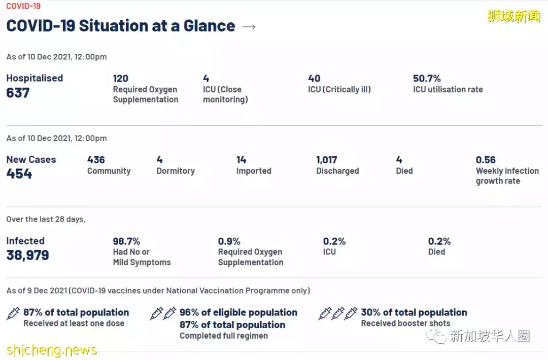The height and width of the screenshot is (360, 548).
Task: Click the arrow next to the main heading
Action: (x=249, y=26)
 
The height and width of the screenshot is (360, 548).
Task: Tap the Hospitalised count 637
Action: (x=18, y=93)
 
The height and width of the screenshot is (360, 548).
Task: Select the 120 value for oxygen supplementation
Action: (x=120, y=79)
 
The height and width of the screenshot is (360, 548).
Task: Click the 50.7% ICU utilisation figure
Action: (x=427, y=79)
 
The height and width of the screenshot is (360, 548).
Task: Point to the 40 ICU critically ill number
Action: (x=314, y=79)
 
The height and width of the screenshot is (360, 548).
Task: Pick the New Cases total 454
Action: (x=19, y=174)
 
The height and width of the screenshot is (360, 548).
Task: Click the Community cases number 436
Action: (x=96, y=160)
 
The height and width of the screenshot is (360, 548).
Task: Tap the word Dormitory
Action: (x=176, y=171)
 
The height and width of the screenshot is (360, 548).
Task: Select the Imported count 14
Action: (x=241, y=160)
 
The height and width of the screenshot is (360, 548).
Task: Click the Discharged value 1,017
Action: (x=327, y=160)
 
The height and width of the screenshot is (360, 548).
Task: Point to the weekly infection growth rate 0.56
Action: (x=486, y=160)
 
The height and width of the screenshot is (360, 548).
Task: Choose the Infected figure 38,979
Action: (x=27, y=255)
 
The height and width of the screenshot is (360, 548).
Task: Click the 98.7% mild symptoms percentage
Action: (x=126, y=241)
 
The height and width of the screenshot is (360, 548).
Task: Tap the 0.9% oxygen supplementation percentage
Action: (x=229, y=241)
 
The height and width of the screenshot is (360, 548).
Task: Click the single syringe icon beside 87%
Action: (x=13, y=313)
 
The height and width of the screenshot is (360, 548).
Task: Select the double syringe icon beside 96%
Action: (x=163, y=313)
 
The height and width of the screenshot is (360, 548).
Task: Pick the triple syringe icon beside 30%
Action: (x=338, y=313)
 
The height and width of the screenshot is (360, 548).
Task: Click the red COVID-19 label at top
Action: (x=23, y=7)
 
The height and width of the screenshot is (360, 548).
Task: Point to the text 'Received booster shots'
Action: (x=405, y=323)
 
